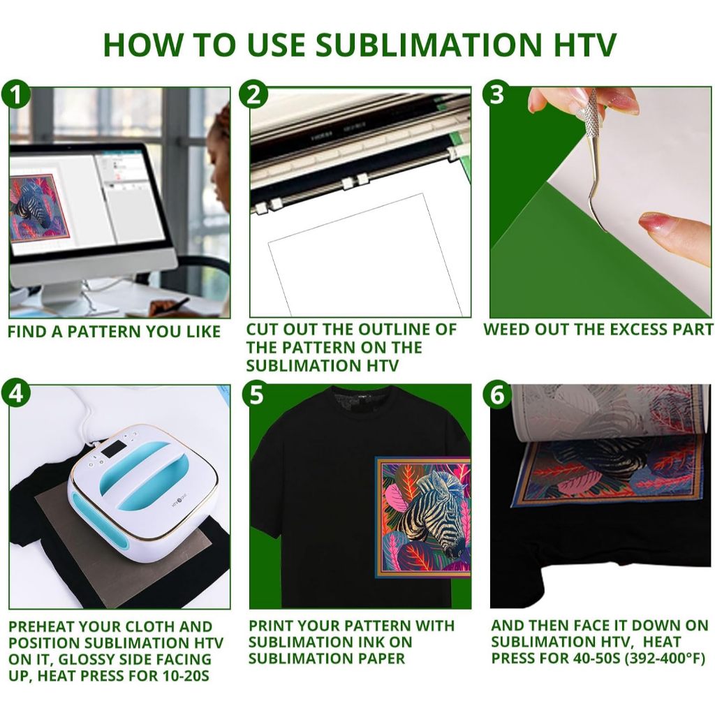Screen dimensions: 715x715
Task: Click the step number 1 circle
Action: [x=16, y=94]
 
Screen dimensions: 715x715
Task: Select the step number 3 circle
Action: [x=497, y=94]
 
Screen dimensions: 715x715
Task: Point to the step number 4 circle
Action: [x=16, y=392]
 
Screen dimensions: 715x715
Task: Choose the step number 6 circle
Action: [x=497, y=394]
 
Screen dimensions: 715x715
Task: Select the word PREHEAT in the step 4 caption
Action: [x=40, y=626]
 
